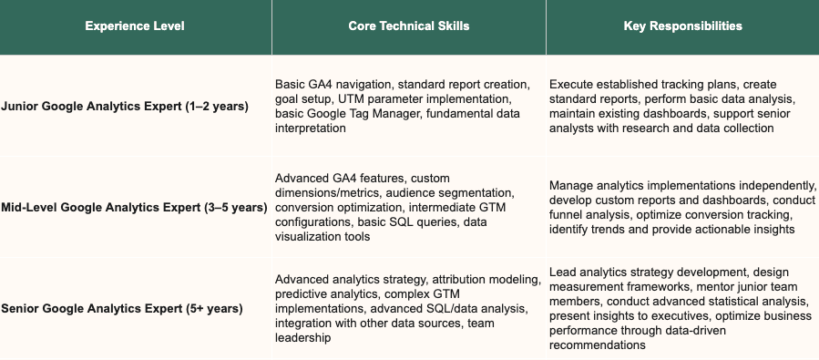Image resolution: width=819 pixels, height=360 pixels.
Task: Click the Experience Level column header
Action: [135, 26]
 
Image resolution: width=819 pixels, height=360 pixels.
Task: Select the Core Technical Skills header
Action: [409, 26]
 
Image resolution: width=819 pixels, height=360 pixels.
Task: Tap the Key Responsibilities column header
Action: [682, 26]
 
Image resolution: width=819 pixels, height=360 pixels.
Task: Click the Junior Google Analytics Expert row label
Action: [125, 107]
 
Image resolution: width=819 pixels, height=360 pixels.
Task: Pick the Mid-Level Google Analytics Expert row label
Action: [133, 208]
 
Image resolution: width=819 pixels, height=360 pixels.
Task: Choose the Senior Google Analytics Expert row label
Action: [122, 309]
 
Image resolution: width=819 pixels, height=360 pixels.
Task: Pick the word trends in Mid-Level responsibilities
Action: [589, 230]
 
